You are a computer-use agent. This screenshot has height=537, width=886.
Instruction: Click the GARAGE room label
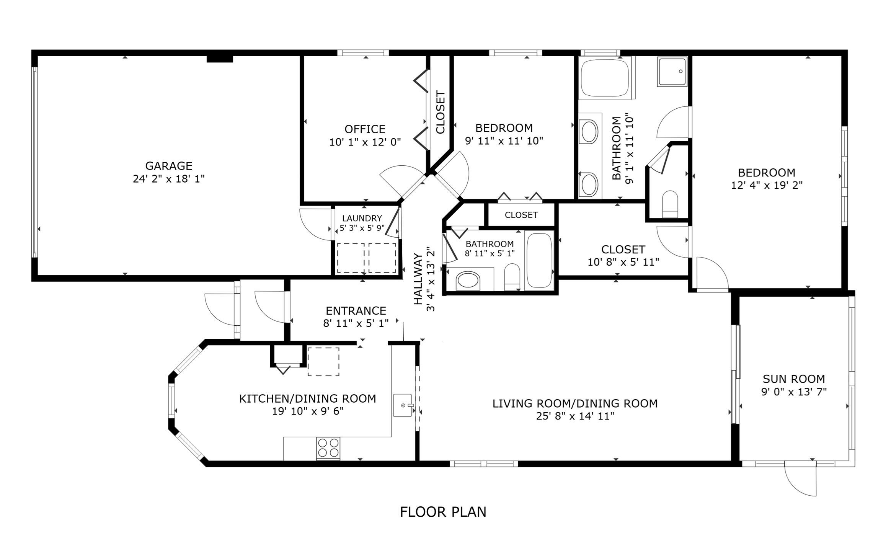click(168, 166)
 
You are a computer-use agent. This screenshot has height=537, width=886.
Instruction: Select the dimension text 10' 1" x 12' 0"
click(365, 142)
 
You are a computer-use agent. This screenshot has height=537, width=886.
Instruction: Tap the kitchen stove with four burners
click(328, 448)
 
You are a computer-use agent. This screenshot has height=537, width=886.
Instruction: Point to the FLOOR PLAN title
click(443, 512)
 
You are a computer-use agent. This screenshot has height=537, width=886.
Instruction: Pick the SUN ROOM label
click(794, 379)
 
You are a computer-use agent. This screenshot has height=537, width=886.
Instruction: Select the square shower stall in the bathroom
click(672, 72)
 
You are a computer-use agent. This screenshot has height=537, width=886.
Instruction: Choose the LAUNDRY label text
click(362, 218)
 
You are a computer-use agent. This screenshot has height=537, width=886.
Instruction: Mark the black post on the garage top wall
click(220, 59)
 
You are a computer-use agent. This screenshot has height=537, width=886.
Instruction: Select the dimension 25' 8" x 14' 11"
click(575, 416)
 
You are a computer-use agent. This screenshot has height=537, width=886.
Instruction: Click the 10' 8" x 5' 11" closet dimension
click(623, 262)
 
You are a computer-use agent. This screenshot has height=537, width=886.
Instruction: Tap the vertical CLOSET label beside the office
click(441, 112)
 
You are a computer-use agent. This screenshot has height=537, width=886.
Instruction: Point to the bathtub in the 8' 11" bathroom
click(539, 260)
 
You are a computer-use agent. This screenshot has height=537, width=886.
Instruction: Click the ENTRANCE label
click(356, 310)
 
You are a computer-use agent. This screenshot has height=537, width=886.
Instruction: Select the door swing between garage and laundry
click(315, 225)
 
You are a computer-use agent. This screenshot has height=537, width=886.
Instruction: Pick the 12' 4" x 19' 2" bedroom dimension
click(766, 185)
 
